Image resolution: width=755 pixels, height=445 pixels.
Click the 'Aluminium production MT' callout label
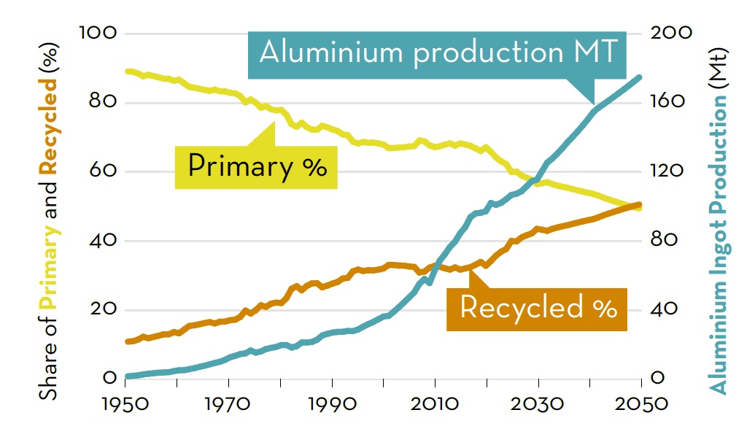coord(438,53)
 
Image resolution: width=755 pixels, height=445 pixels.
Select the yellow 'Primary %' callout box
coord(256,167)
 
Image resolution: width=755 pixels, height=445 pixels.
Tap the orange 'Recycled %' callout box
coord(538,308)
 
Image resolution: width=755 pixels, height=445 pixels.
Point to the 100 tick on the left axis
coord(96,34)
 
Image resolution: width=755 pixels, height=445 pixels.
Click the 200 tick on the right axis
coord(667,34)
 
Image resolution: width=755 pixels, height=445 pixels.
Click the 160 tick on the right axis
coord(667,102)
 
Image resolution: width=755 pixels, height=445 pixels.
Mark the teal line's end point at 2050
coord(640,77)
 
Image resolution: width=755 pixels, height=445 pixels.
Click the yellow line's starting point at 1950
coord(127,71)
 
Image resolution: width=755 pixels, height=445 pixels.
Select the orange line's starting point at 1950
coord(127,341)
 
